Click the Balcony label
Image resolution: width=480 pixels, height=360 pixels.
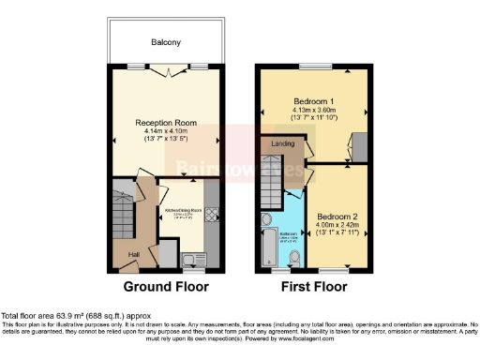[x=166, y=42]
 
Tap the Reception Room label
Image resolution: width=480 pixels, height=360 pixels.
[x=166, y=122]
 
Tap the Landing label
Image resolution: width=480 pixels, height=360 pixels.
[x=282, y=144]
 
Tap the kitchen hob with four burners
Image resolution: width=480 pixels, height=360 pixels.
[x=211, y=215]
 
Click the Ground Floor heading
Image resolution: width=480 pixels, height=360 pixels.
[x=166, y=286]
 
